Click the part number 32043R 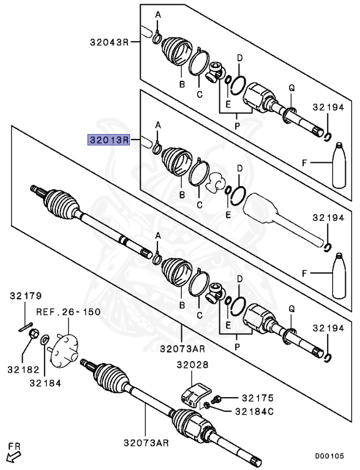(x=107, y=42)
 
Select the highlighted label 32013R (x=108, y=140)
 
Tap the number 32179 (x=24, y=296)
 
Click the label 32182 (x=23, y=369)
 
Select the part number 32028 (x=193, y=365)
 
